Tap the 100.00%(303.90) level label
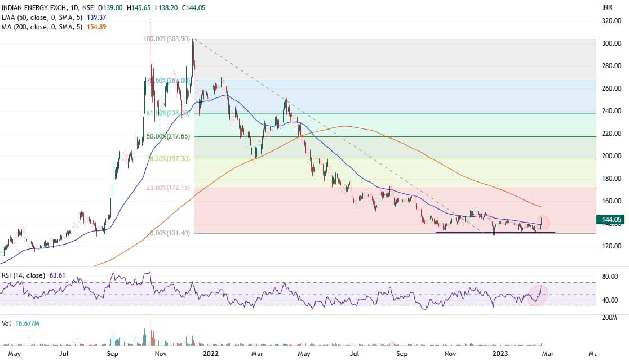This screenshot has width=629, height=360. coord(167,40)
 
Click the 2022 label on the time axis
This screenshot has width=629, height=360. coord(211,354)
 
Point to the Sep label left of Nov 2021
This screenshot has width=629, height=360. coord(113,354)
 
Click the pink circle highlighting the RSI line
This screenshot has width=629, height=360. coord(538,295)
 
